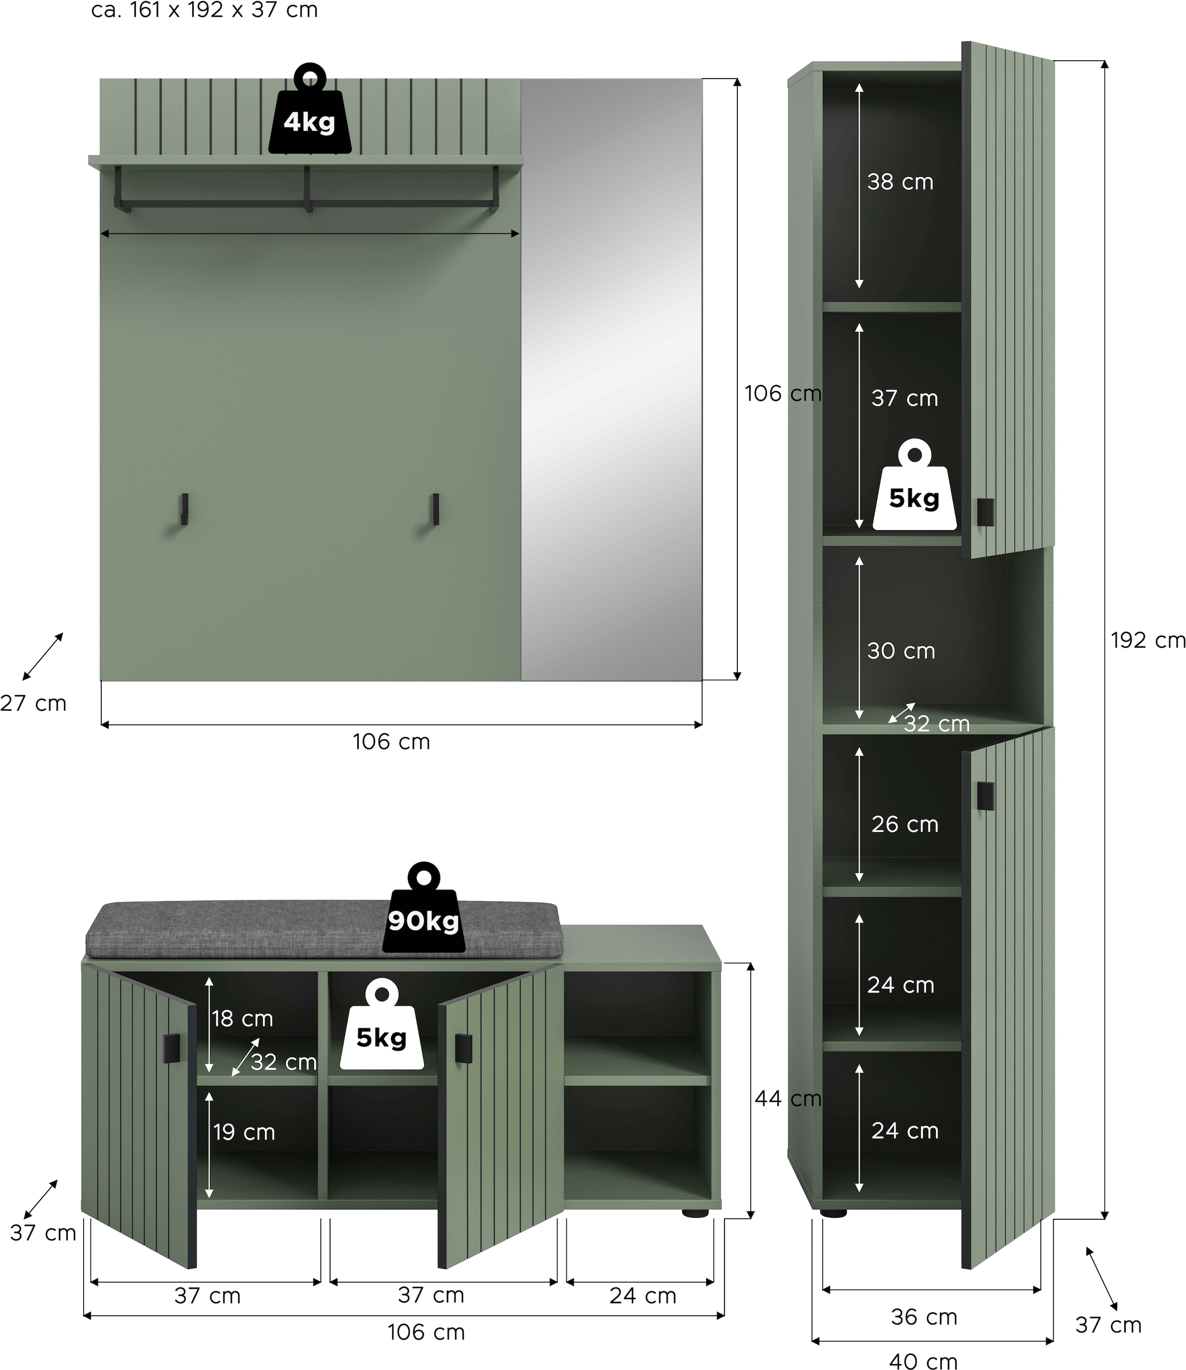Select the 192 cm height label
pyautogui.click(x=1147, y=640)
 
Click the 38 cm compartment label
pyautogui.click(x=900, y=182)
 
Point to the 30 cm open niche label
pyautogui.click(x=901, y=651)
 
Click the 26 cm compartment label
pyautogui.click(x=904, y=824)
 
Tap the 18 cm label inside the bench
pyautogui.click(x=242, y=1019)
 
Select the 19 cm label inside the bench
pyautogui.click(x=244, y=1132)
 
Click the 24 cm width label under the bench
pyautogui.click(x=642, y=1296)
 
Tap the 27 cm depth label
pyautogui.click(x=33, y=703)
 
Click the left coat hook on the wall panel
pyautogui.click(x=185, y=509)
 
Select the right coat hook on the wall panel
pyautogui.click(x=435, y=509)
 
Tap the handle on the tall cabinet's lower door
pyautogui.click(x=985, y=796)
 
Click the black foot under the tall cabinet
pyautogui.click(x=833, y=1213)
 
